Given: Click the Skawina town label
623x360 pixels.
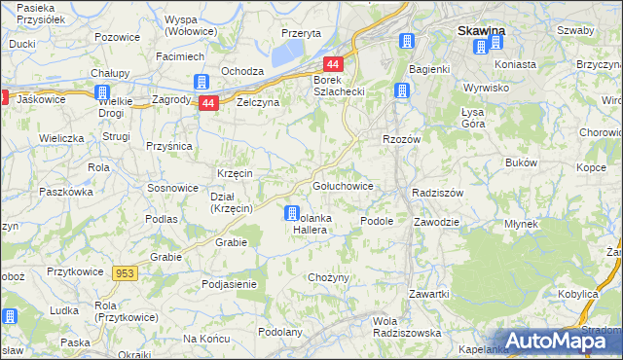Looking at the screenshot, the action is pos(481,31).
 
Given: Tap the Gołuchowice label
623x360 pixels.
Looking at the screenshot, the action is pos(341,185).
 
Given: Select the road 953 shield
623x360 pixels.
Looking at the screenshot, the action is pos(125,273).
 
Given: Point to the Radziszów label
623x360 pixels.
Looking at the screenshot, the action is pos(442,193).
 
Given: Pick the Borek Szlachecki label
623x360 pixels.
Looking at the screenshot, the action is pos(337,85).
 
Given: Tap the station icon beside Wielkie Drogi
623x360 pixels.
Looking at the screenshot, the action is pos(103,92).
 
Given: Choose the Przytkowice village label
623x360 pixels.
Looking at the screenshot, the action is pos(75,272).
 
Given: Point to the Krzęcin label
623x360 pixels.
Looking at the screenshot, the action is pos(235,172).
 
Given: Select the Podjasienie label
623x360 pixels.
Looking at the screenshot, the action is pos(229,284).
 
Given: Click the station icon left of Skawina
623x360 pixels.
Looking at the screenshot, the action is pos(407,42).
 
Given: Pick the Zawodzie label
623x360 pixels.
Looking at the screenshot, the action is pos(436,221).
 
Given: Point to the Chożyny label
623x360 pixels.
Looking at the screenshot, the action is pos(328,277).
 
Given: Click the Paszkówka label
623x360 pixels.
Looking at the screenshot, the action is pos(64,192).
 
